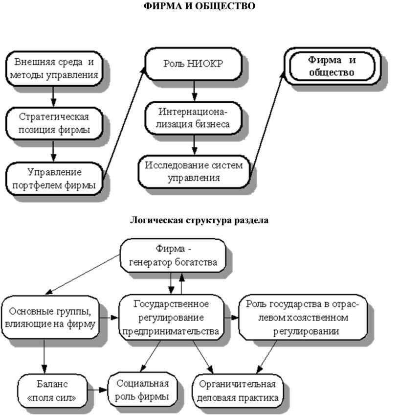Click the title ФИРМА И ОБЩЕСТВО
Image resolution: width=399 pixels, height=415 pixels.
point(199,7)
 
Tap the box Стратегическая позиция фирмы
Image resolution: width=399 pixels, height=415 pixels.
point(53,123)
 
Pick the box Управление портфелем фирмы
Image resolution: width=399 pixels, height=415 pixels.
point(54,178)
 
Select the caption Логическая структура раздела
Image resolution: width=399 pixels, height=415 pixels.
point(199,220)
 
